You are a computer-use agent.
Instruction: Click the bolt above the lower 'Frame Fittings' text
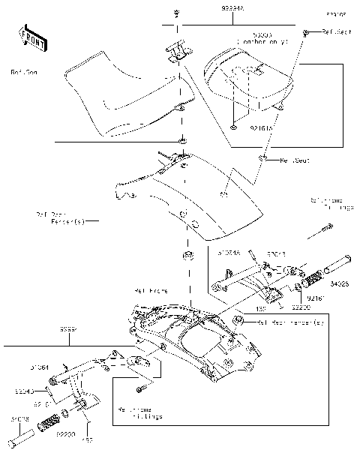(x=140, y=390)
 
